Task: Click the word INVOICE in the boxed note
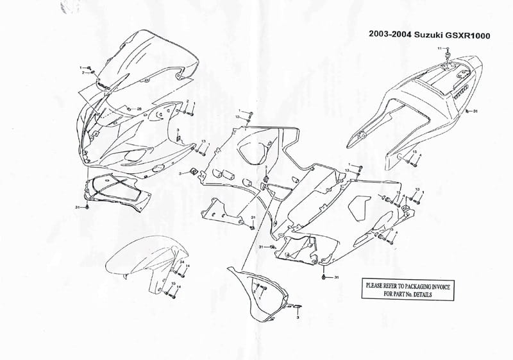coord(435,286)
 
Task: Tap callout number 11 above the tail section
coord(440,49)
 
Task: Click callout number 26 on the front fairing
coord(139,109)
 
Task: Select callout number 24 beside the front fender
coord(181,264)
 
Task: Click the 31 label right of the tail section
coord(475,112)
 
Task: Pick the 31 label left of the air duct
coord(78,207)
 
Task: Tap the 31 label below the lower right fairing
coord(335,277)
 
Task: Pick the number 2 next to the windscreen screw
coord(83,73)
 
